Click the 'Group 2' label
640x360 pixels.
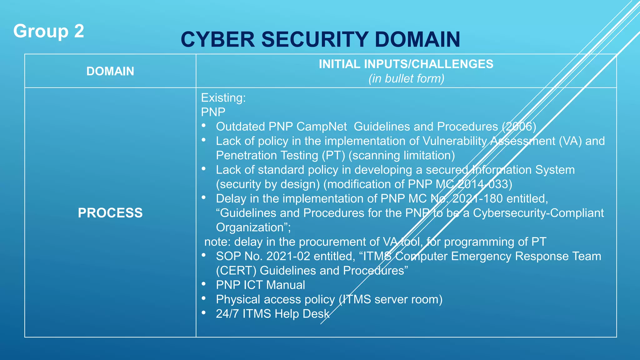point(49,31)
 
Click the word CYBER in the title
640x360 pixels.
point(218,40)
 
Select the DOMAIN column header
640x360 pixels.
point(110,71)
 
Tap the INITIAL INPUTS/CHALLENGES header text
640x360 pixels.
point(406,64)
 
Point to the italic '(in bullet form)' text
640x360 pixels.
point(406,78)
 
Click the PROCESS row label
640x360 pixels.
point(110,213)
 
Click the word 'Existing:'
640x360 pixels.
point(223,98)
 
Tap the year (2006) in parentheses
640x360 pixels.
point(519,127)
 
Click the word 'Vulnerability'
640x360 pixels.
point(454,141)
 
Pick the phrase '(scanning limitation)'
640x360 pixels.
point(402,155)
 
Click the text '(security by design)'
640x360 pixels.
point(268,184)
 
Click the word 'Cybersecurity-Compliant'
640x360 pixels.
point(538,213)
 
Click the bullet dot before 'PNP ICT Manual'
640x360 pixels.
point(204,284)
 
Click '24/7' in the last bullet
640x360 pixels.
point(227,314)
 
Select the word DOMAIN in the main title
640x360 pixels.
point(417,40)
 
